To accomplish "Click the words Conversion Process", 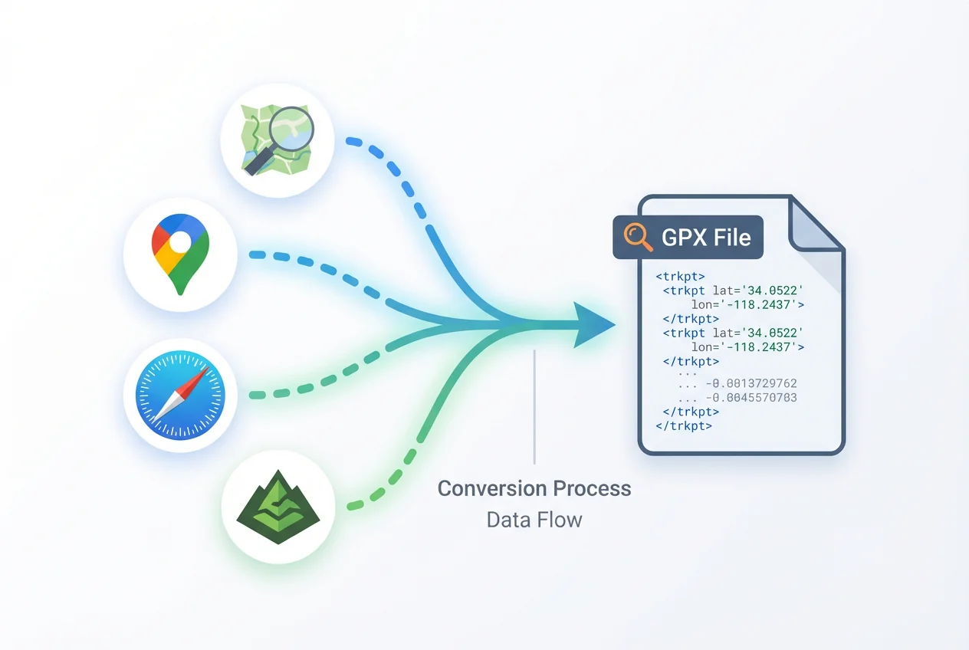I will pos(534,488).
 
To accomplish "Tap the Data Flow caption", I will pos(534,520).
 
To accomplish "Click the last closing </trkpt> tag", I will pos(684,425).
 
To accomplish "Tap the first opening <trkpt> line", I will pos(680,275).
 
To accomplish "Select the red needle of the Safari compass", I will pos(196,383).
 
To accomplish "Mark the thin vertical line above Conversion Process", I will pos(534,406).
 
